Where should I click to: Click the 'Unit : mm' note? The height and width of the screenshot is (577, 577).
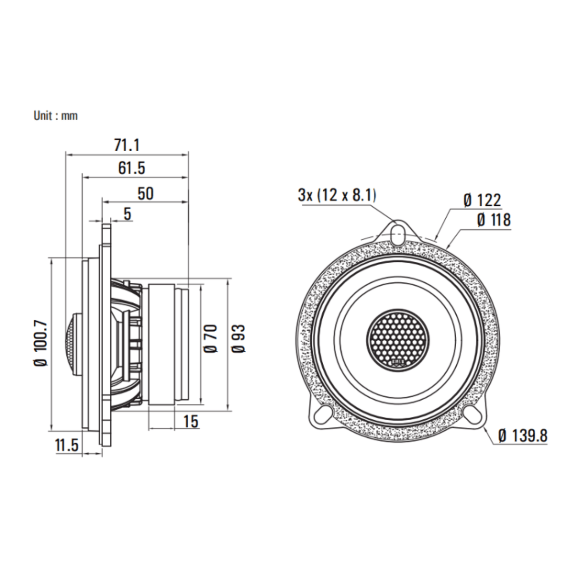click(55, 115)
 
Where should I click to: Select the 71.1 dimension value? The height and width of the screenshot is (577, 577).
click(127, 145)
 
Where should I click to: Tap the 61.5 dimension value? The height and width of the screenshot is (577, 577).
click(132, 168)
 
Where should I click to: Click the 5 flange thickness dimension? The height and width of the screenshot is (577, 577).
click(127, 214)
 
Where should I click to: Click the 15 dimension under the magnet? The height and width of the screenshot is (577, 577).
click(190, 421)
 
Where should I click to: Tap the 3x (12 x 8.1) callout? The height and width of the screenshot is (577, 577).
click(337, 194)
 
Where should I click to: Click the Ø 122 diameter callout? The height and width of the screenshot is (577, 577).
click(482, 201)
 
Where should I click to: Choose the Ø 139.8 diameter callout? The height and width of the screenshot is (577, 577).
click(523, 435)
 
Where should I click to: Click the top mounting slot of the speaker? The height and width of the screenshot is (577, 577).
click(398, 232)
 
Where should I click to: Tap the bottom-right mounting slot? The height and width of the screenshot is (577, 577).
click(473, 415)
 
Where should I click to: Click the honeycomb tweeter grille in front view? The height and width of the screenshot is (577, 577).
click(398, 338)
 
